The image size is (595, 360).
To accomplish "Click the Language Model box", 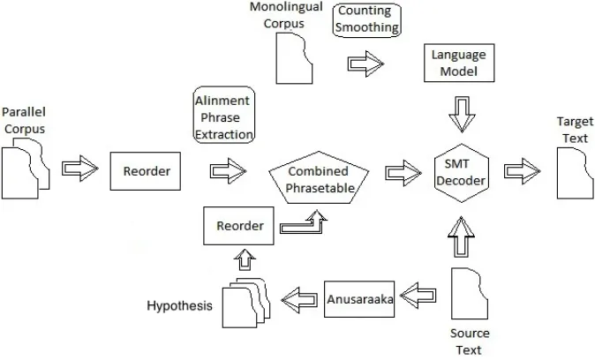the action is click(459, 63).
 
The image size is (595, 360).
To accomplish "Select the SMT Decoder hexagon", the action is click(462, 173).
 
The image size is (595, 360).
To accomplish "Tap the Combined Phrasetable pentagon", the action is click(319, 177).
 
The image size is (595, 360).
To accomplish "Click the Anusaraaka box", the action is click(359, 299).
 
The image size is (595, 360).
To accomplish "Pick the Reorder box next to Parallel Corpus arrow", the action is click(146, 171).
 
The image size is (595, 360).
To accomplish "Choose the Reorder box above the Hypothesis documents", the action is click(238, 226).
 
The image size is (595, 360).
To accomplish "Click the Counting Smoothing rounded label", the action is click(367, 20).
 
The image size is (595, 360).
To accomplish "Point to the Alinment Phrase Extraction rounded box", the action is click(224, 115).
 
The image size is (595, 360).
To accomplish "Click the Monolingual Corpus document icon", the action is click(294, 58).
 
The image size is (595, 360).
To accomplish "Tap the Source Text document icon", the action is click(470, 294).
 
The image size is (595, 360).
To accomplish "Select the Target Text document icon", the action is click(576, 173).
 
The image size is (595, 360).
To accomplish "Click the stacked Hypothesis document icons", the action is click(246, 303).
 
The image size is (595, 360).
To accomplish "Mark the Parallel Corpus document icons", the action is click(26, 169).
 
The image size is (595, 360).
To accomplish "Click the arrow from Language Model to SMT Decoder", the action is click(462, 115).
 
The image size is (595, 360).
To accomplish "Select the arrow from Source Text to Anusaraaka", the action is click(418, 295).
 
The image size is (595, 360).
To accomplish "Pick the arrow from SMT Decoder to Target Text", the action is click(522, 171).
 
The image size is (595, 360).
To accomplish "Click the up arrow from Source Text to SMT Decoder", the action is click(462, 236).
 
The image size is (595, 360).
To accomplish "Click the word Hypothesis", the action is click(179, 306).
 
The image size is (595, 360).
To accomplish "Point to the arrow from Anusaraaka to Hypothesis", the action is click(299, 300).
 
